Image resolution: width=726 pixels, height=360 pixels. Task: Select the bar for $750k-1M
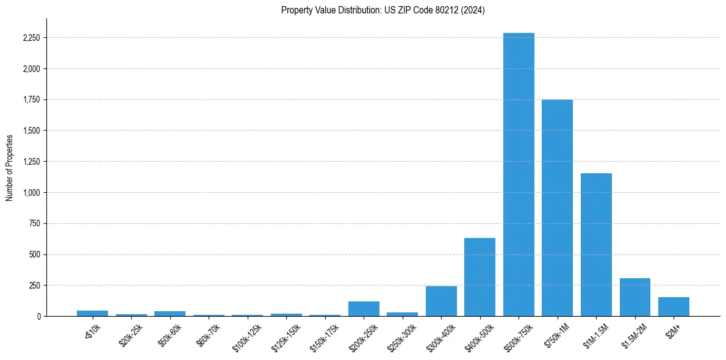coord(557,207)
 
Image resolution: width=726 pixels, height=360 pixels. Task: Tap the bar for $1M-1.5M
coord(596,245)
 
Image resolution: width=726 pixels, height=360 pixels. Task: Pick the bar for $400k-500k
coord(480,277)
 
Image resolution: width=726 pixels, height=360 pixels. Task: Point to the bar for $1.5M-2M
coord(634,297)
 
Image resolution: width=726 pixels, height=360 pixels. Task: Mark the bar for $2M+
coord(674,306)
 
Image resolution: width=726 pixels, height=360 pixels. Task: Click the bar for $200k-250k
coord(364,309)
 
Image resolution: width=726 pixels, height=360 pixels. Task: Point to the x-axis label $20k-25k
coord(131,334)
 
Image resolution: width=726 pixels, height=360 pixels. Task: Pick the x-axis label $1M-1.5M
coord(594,334)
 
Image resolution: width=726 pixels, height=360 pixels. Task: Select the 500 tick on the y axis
coord(35,254)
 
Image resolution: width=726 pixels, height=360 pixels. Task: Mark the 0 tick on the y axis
coord(39,316)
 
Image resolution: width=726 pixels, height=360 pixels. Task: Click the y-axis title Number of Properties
coord(9,167)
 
